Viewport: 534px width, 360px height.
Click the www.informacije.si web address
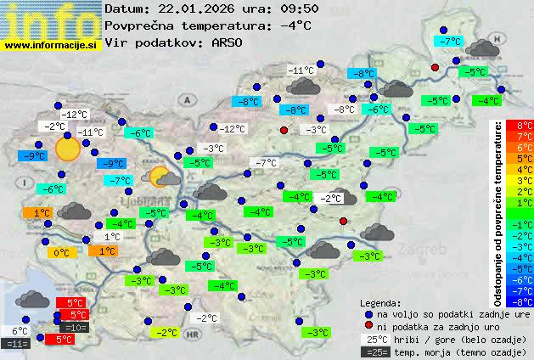(51, 45)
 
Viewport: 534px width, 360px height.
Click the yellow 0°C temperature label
(61, 252)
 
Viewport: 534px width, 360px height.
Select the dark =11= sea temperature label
(16, 344)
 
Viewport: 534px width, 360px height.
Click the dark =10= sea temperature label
(75, 327)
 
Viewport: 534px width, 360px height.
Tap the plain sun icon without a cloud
(66, 149)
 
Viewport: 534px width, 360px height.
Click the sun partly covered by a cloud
(163, 177)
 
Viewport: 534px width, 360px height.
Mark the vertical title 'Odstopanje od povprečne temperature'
(498, 213)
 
